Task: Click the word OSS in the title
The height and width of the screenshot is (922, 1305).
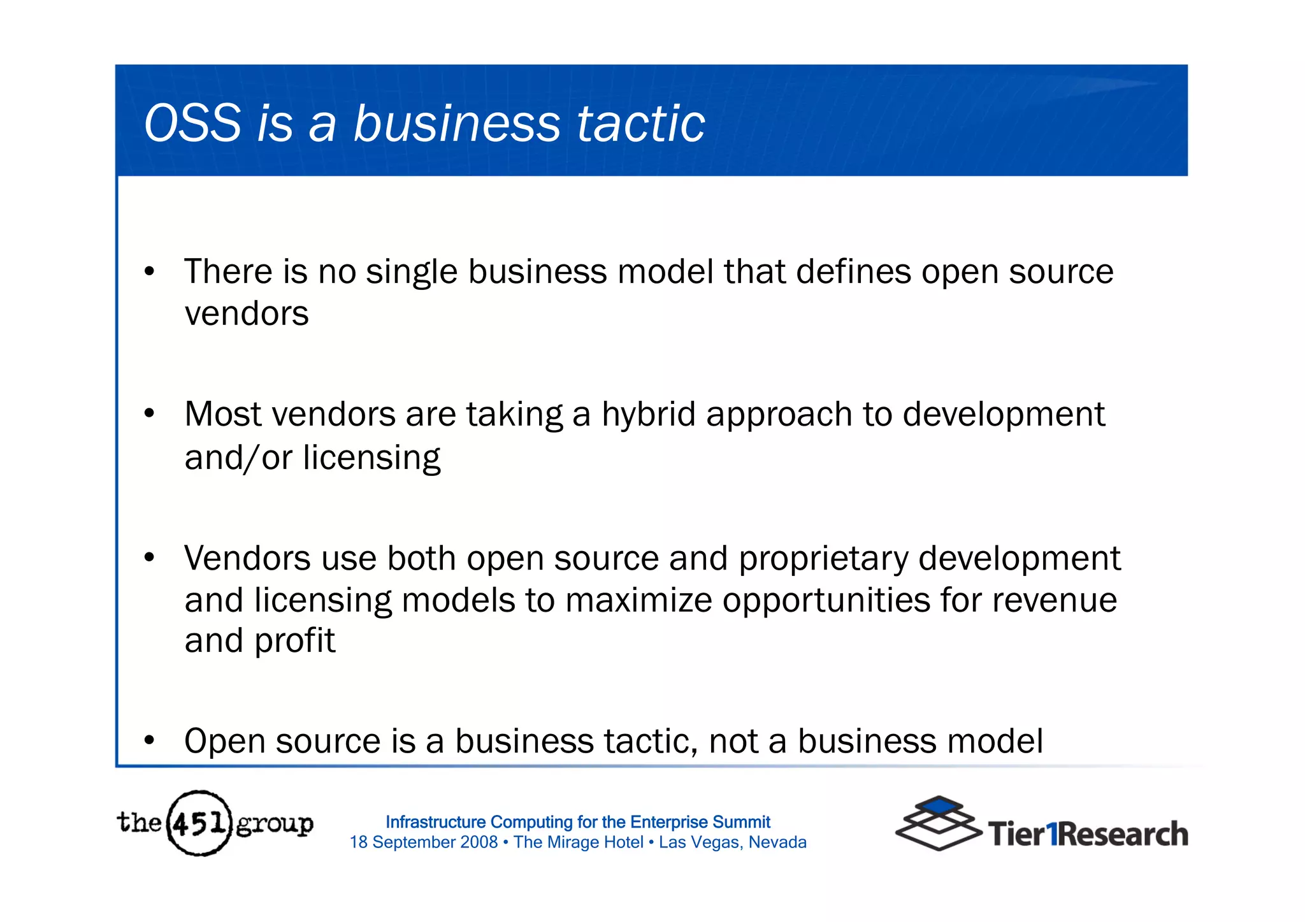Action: click(193, 123)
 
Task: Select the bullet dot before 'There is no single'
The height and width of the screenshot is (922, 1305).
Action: click(150, 272)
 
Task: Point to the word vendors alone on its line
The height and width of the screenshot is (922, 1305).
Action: click(247, 314)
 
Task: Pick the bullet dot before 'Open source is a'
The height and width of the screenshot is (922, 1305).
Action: click(150, 741)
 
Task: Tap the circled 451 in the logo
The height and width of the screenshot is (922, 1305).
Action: click(199, 823)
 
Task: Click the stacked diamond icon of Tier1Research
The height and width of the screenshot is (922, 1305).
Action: click(938, 823)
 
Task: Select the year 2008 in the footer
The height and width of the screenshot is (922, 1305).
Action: click(479, 842)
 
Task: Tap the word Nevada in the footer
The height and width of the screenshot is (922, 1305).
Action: click(777, 842)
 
